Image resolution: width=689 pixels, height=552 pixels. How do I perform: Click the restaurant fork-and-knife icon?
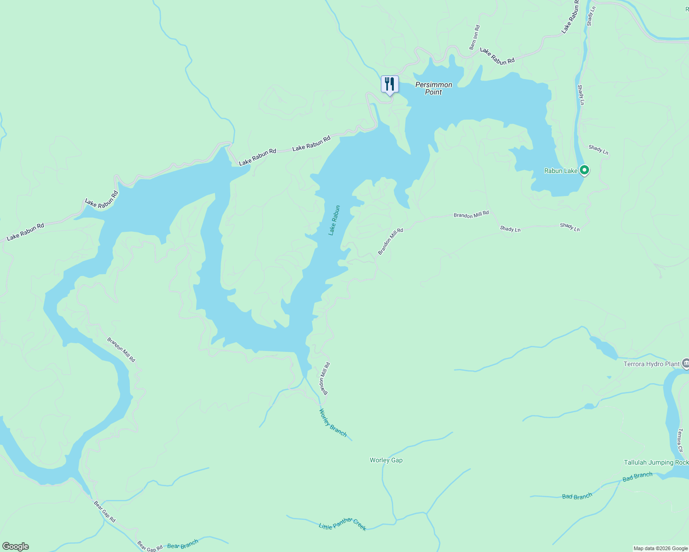tap(390, 84)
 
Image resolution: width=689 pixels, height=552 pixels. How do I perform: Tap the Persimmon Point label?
tap(433, 88)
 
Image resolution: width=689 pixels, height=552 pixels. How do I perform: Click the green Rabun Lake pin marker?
tap(584, 170)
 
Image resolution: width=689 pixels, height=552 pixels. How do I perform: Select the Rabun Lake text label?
tap(561, 171)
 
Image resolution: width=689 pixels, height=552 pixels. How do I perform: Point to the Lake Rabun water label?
tap(334, 220)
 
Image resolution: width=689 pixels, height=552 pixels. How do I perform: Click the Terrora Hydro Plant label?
tap(651, 364)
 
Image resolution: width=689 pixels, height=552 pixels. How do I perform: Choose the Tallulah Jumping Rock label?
tap(656, 462)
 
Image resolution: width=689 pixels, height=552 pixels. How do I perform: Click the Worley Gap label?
tap(386, 460)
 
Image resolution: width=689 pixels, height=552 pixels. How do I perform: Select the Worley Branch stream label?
tap(333, 422)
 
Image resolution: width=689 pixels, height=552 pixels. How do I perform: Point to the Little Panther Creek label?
tap(343, 524)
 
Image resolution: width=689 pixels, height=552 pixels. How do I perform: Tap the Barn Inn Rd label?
tap(474, 38)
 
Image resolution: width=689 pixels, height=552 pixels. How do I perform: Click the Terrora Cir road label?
tap(680, 441)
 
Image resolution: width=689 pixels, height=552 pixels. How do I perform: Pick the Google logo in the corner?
tap(15, 546)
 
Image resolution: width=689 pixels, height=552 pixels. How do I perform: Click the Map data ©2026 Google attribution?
tap(660, 548)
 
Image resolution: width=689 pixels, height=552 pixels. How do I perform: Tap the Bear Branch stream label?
tap(182, 544)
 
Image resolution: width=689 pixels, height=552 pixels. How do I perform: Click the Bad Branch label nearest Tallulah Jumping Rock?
tap(637, 477)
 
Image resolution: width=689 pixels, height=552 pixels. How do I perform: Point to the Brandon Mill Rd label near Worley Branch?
tap(325, 379)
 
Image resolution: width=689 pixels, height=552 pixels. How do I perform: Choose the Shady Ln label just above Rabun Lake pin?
tap(598, 149)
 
